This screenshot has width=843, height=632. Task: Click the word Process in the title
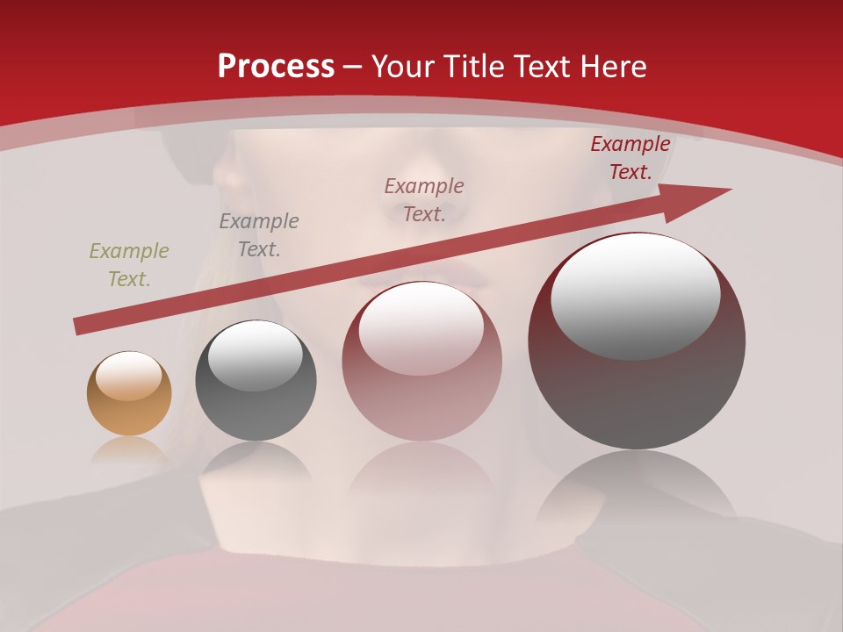[276, 67]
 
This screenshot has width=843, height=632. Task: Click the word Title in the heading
[473, 67]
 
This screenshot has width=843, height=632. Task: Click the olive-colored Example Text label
[128, 264]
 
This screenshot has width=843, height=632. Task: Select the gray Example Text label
[258, 234]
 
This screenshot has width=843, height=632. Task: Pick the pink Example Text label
[423, 199]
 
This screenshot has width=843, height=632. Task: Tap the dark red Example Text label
[630, 158]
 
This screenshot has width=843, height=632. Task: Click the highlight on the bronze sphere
[128, 376]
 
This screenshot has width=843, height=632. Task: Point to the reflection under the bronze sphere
[129, 451]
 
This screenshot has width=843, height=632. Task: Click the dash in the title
[352, 67]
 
